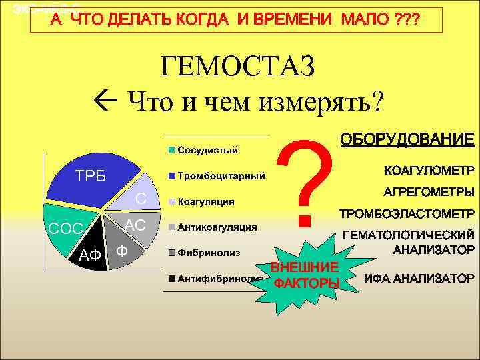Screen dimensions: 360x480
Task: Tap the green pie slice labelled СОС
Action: click(x=67, y=230)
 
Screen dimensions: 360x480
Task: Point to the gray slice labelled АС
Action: click(x=136, y=225)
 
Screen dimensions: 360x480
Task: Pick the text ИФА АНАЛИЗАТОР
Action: click(x=419, y=278)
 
